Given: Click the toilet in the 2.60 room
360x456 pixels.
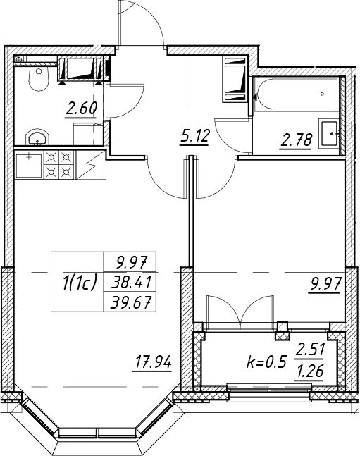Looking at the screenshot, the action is [38, 79].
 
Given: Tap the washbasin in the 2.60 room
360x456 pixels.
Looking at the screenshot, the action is [37, 137].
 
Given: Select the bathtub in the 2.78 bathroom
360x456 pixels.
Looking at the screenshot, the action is [296, 94].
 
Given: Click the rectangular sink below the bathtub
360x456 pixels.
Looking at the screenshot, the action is [329, 133].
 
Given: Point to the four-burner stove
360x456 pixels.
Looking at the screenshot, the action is [59, 164].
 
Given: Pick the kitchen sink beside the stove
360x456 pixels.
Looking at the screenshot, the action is [29, 165].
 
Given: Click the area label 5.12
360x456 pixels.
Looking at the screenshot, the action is [194, 136].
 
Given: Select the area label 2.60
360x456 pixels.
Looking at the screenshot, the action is [81, 109].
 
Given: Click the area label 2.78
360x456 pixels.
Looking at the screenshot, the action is [297, 140].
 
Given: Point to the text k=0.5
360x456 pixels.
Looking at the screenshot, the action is [267, 363].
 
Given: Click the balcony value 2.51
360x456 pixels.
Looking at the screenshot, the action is [310, 349].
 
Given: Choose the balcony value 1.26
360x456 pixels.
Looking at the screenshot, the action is [310, 371].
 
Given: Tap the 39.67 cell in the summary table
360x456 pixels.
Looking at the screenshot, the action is [130, 303].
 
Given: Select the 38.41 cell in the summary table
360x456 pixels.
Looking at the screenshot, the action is [130, 282].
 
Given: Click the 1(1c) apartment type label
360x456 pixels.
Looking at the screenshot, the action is [79, 283].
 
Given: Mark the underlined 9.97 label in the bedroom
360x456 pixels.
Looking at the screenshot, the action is [325, 284].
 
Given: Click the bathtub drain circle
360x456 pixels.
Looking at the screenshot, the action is [322, 94].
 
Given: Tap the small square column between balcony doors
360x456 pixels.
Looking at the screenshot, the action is [283, 326].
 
